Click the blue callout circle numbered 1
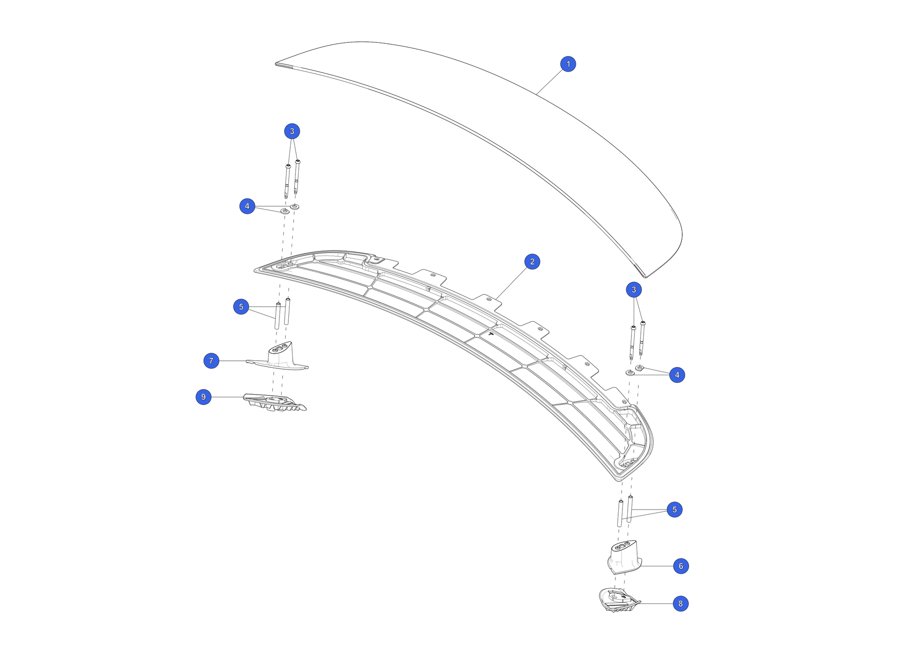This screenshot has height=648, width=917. point(568,64)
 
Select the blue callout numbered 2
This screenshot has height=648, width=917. point(532,262)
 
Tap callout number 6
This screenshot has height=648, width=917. point(680,566)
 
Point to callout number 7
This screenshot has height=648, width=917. point(211,361)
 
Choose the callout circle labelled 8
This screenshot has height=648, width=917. point(680,604)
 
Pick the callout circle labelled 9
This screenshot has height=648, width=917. point(203,397)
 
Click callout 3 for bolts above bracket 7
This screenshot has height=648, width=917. point(292,131)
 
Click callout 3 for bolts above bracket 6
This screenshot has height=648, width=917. point(633,290)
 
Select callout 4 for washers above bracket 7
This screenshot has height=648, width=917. point(247,206)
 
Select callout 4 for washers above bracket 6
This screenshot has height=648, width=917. point(677,375)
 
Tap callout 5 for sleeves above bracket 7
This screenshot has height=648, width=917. point(241,307)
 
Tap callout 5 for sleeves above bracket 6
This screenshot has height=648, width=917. point(674,510)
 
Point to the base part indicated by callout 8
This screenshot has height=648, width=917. point(618,600)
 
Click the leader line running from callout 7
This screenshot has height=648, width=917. point(233,361)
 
